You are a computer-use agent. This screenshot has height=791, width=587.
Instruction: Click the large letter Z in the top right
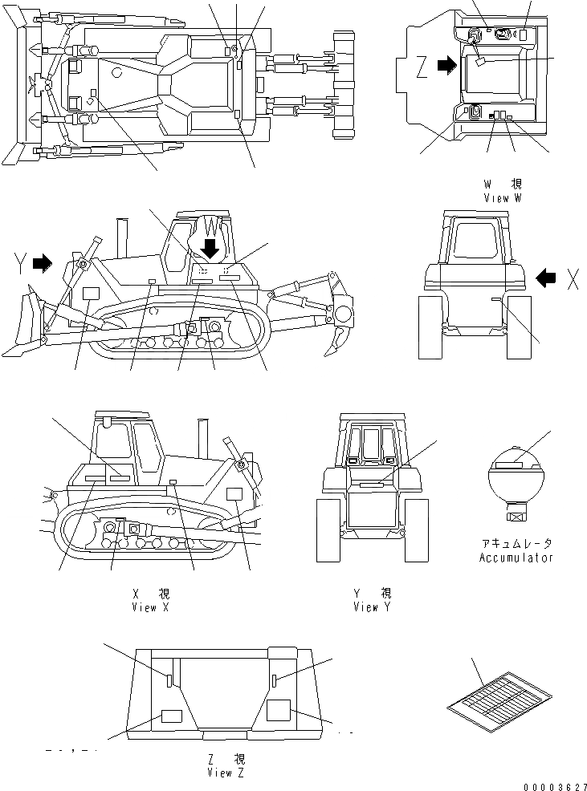pyautogui.click(x=421, y=69)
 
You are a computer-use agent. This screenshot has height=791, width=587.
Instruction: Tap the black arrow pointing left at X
pyautogui.click(x=546, y=278)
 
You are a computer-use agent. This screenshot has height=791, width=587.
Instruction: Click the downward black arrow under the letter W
pyautogui.click(x=210, y=248)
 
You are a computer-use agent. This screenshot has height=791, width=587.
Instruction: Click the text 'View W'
pyautogui.click(x=503, y=197)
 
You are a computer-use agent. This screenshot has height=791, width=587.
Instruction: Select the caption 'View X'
pyautogui.click(x=150, y=607)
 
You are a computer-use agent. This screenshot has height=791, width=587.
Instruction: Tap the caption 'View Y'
pyautogui.click(x=372, y=607)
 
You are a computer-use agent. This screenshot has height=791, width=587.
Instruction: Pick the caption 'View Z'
pyautogui.click(x=225, y=773)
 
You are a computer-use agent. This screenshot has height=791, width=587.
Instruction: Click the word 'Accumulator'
pyautogui.click(x=516, y=558)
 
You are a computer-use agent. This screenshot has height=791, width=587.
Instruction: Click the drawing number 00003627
pyautogui.click(x=552, y=786)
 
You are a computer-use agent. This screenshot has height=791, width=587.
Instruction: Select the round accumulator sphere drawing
pyautogui.click(x=516, y=478)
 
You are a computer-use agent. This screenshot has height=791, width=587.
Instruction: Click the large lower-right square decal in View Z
pyautogui.click(x=279, y=711)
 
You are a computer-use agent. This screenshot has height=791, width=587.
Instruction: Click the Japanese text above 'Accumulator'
pyautogui.click(x=516, y=544)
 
